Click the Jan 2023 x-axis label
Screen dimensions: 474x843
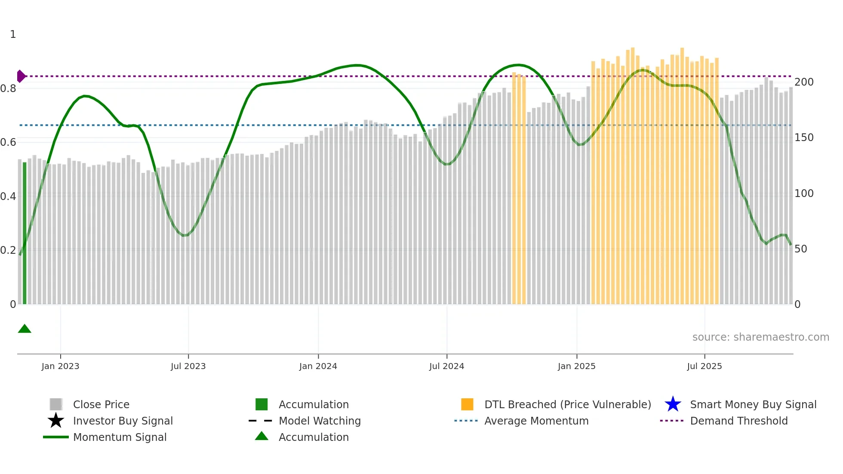tap(60, 366)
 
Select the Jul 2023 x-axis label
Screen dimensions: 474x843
tap(188, 366)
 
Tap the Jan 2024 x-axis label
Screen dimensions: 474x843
tap(318, 366)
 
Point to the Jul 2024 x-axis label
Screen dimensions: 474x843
tap(446, 366)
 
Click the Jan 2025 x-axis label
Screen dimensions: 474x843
tap(576, 366)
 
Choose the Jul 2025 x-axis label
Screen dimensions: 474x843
tap(704, 366)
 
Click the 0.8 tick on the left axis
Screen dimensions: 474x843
tap(8, 89)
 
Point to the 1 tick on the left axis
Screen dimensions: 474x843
tap(13, 34)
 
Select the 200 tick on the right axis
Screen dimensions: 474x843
tap(804, 82)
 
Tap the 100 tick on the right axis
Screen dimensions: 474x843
tap(804, 194)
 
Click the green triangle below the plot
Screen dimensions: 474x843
tap(25, 329)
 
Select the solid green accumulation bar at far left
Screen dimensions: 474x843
tap(25, 232)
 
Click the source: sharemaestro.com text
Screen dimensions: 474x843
tap(760, 337)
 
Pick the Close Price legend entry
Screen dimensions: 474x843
tap(101, 404)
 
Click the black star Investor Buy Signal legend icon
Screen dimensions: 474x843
tap(56, 421)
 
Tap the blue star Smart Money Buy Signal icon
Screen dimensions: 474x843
tap(673, 404)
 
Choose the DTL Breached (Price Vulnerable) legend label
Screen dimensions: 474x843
tap(567, 404)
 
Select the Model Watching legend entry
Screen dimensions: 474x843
tap(320, 421)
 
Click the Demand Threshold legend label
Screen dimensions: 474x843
tap(738, 421)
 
